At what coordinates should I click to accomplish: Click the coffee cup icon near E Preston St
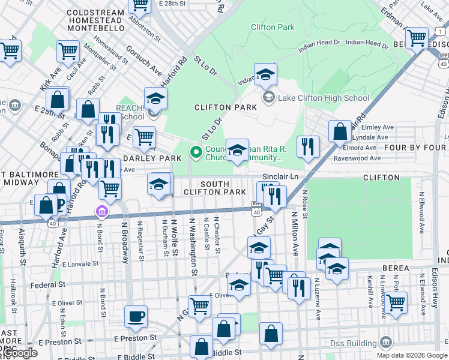click(136, 316)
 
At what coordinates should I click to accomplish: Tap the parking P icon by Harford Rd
click(60, 206)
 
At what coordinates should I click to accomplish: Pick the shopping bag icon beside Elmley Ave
click(340, 131)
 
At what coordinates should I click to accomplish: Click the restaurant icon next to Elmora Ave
click(308, 146)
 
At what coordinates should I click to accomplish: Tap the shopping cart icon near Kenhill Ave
click(396, 303)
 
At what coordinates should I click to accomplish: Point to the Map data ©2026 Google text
click(412, 355)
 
